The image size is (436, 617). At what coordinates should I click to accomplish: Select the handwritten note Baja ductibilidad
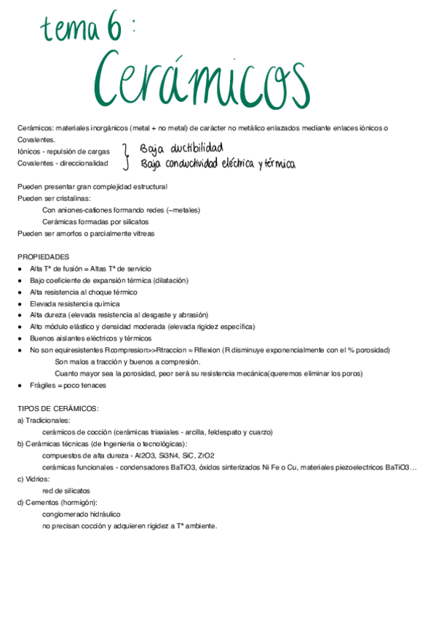coord(181,148)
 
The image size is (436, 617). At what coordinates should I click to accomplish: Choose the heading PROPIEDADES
coord(44,257)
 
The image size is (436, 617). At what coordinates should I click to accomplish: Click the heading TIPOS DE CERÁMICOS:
coord(58,409)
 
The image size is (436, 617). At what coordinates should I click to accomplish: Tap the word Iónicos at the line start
coord(29,151)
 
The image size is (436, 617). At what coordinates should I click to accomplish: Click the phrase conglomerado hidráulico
coord(82,514)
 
